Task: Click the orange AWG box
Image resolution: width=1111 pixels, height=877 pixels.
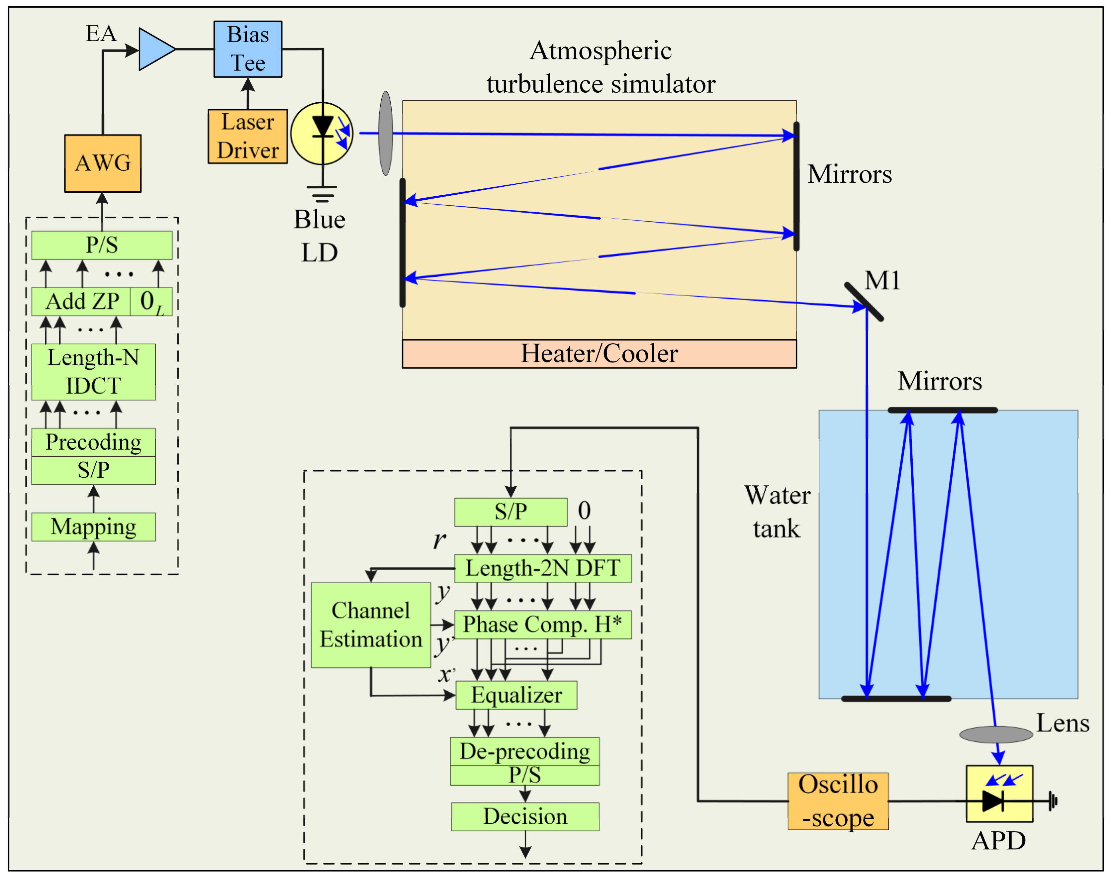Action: point(103,163)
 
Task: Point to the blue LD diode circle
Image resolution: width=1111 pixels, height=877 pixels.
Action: point(322,134)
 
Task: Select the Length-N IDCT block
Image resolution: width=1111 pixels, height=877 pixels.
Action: point(93,372)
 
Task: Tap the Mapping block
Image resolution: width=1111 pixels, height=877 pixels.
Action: point(93,527)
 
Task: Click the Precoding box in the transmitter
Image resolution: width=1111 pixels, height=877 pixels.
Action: point(93,442)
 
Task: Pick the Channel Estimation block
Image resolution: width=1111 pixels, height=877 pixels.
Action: point(371,625)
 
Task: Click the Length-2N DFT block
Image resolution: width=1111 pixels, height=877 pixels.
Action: point(543,568)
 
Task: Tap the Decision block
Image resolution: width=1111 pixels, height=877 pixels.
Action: point(525,817)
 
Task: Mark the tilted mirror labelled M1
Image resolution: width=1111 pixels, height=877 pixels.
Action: point(864,302)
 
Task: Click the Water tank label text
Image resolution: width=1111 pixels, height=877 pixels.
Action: point(777,512)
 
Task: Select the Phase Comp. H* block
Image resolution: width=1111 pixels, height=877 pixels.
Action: point(543,625)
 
